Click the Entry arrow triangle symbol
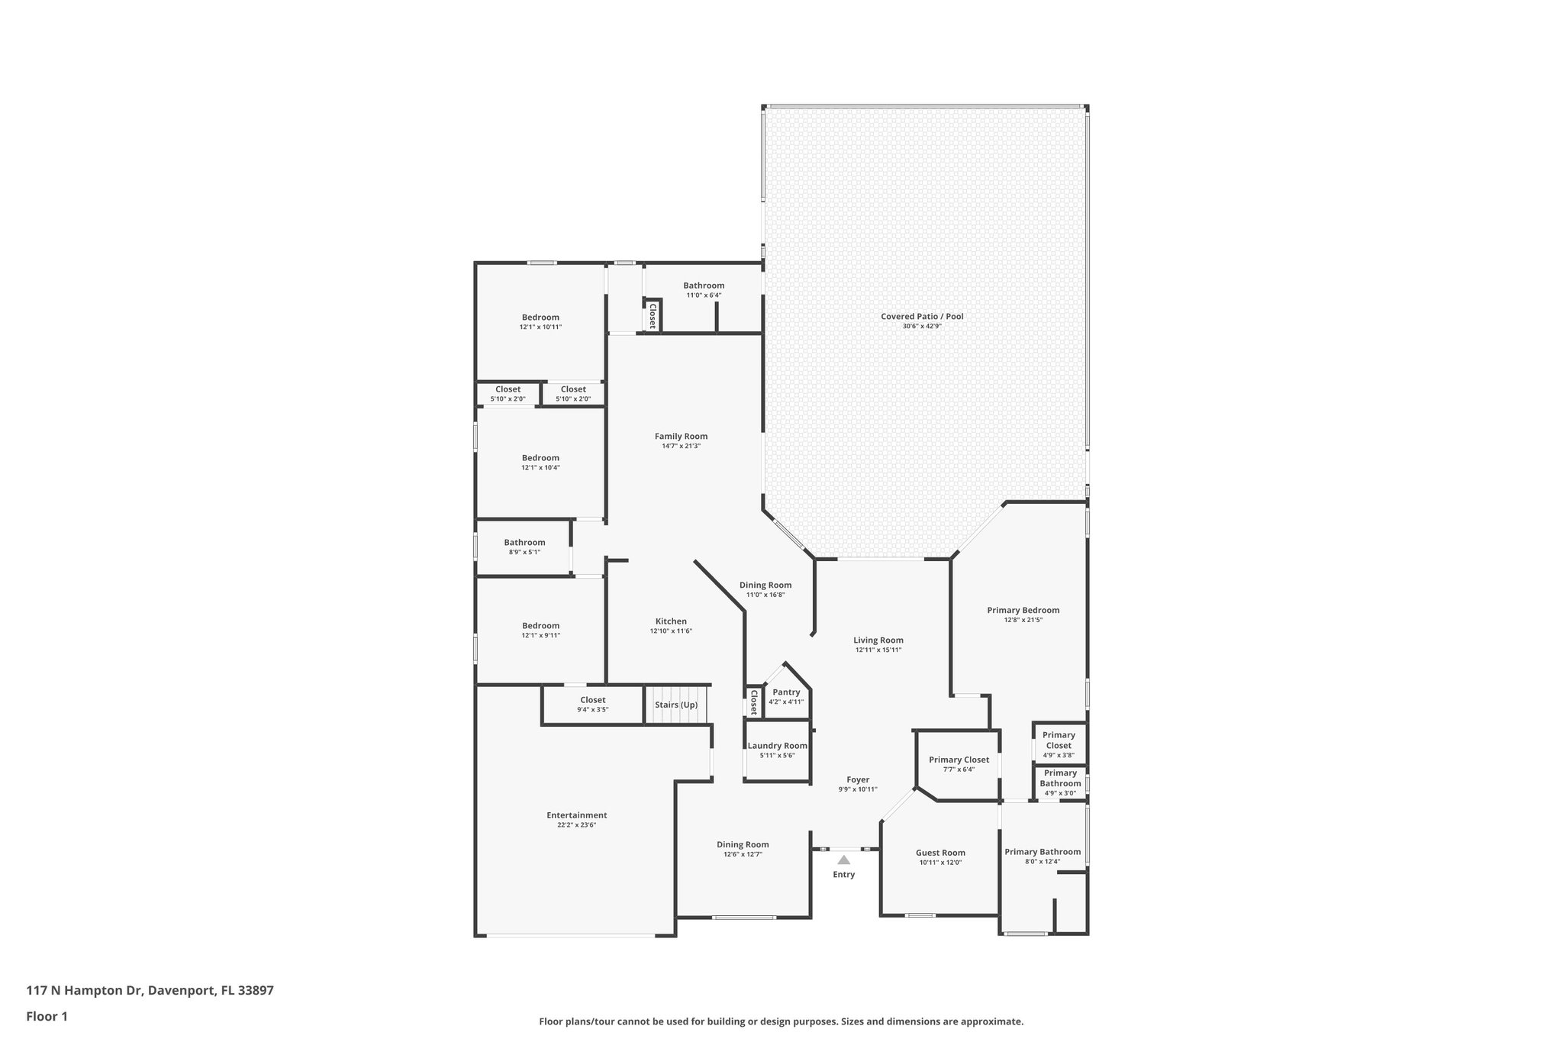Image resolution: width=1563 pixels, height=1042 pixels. (x=843, y=860)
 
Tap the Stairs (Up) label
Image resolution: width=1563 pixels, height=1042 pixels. (x=675, y=705)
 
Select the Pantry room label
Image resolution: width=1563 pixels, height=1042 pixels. (x=786, y=692)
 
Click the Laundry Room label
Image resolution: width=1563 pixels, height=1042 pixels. (x=777, y=746)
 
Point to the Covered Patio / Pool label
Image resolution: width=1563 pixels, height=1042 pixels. (x=922, y=316)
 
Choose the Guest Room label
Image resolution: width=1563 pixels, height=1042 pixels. (x=940, y=853)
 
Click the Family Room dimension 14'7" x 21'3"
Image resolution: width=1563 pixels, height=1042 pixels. (x=681, y=447)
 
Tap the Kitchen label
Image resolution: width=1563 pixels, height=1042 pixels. (x=671, y=621)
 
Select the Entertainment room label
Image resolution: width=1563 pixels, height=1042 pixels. (x=576, y=815)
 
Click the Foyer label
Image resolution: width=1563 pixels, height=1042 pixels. (x=858, y=779)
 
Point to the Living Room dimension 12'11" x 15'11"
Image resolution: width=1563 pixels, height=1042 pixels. (x=878, y=650)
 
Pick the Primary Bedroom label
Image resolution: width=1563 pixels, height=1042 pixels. (x=1023, y=610)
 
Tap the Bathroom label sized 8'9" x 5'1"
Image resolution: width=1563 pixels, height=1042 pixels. (x=524, y=543)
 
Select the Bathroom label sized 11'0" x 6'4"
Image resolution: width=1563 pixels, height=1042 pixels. (x=703, y=286)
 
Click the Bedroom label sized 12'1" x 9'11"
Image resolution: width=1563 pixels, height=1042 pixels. (x=540, y=626)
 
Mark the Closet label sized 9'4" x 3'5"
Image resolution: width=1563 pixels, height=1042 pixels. (x=592, y=700)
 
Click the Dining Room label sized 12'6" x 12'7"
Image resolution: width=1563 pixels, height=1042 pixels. (x=742, y=844)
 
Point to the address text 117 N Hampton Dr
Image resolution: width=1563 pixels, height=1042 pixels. (x=84, y=991)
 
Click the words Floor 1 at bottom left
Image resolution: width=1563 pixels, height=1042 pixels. (x=47, y=1017)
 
